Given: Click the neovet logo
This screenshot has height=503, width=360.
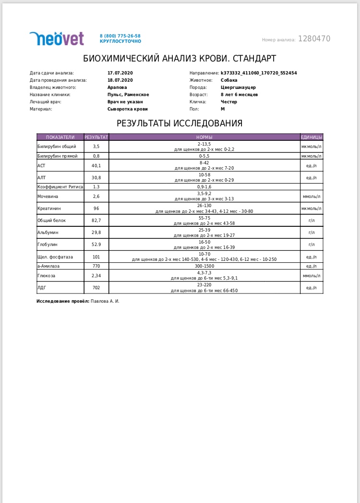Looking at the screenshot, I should click(x=57, y=39).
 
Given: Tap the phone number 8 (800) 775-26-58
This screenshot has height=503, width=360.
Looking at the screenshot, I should click(x=120, y=36).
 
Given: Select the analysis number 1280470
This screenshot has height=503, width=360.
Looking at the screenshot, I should click(x=314, y=39).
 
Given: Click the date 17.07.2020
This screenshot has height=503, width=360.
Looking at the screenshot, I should click(x=120, y=73).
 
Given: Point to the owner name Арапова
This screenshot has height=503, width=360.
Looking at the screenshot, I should click(x=118, y=87).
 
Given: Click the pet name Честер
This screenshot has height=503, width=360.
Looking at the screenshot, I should click(x=229, y=102).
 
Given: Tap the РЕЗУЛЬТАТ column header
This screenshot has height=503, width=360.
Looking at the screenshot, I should click(x=96, y=137).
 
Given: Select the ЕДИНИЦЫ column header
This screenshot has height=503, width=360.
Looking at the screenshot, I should click(x=312, y=137).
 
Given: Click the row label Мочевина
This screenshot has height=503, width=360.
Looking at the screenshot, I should click(x=48, y=196).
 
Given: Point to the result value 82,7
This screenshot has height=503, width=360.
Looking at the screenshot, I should click(x=96, y=221).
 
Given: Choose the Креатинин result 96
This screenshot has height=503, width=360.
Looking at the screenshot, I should click(x=96, y=209).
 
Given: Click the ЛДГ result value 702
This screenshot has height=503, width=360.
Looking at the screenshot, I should click(x=96, y=288).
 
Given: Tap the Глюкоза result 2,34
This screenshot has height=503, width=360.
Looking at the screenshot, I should click(x=96, y=275).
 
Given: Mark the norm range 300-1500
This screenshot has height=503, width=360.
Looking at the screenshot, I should click(x=204, y=266).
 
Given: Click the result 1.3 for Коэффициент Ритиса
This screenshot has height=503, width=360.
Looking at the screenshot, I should click(x=96, y=186).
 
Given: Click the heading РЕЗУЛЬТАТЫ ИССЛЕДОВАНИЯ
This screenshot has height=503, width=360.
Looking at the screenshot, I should click(x=180, y=123).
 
